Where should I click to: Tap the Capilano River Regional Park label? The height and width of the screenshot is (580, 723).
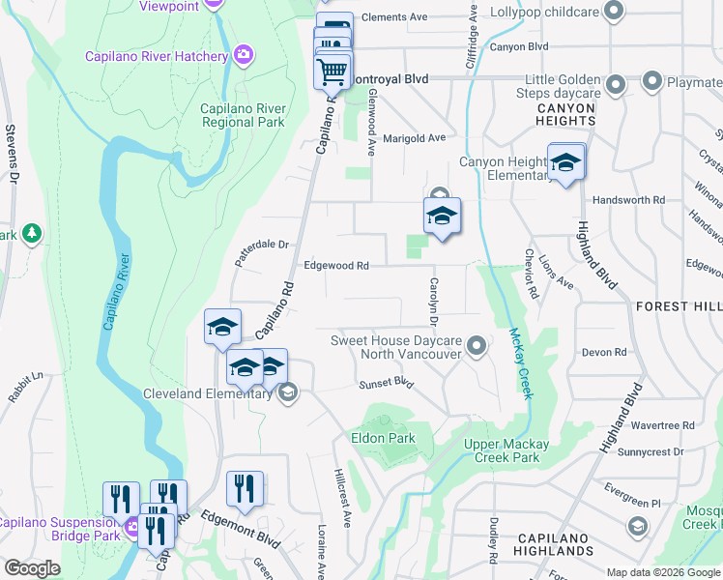243,115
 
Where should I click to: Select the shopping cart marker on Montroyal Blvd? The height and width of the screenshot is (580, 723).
333,72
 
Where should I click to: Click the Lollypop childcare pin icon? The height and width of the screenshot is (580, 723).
612,12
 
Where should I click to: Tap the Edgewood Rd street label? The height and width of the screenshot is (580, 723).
336,265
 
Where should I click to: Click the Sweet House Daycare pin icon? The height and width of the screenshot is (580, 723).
476,345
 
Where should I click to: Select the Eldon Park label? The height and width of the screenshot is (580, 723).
383,438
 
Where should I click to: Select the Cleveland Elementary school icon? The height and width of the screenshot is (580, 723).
287,392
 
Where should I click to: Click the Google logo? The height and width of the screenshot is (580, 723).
33,567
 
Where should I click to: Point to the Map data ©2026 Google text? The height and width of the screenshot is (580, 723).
662,572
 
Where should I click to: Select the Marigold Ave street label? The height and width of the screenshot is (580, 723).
414,137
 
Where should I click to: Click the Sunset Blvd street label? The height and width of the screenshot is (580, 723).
388,383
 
